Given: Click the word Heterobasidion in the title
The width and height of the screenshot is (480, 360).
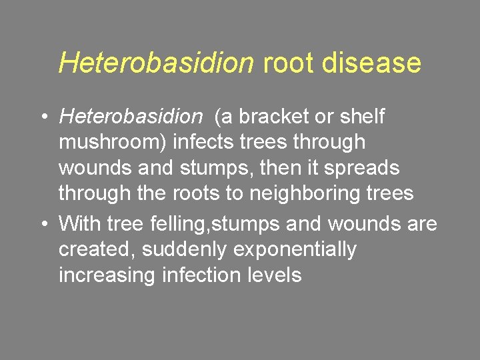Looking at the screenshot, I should [157, 63].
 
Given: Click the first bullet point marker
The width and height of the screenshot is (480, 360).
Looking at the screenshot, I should [42, 117].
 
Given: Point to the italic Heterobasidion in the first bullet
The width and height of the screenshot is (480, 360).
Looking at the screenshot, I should [130, 117].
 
